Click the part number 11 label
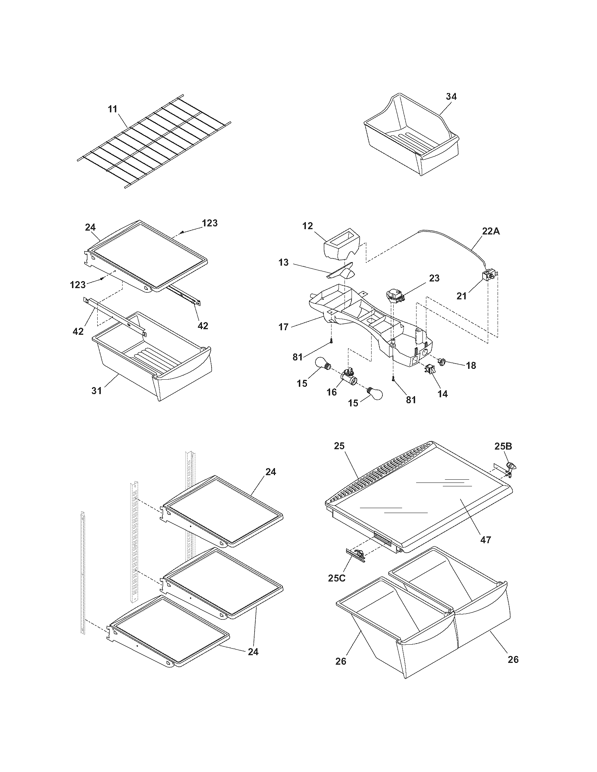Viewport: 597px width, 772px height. point(112,109)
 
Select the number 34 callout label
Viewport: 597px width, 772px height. point(451,96)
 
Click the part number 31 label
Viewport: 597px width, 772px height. point(97,391)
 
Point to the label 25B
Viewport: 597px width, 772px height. point(503,446)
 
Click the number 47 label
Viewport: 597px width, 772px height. point(486,540)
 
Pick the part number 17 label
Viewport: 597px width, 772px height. point(283,327)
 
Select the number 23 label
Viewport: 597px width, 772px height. point(434,278)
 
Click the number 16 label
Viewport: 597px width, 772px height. point(332,392)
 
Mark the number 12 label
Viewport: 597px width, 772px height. point(308,226)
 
